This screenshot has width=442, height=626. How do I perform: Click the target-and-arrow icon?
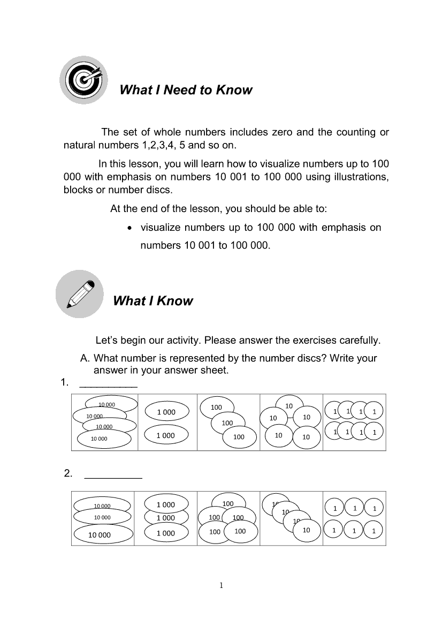point(83,80)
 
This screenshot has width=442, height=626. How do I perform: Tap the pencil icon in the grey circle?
point(80,294)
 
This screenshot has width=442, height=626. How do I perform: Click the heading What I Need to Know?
point(186,90)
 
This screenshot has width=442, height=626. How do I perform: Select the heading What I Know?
point(153,301)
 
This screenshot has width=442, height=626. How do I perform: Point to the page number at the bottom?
point(221,585)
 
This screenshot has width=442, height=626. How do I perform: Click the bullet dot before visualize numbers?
point(130,228)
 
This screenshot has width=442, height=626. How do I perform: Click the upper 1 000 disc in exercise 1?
point(166,412)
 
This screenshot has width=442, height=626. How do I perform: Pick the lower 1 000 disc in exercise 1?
point(166,435)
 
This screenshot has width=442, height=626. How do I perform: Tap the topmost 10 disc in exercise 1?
point(289,405)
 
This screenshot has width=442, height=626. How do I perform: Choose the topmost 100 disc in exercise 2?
point(228,503)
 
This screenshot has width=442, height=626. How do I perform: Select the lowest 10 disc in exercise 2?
point(306,530)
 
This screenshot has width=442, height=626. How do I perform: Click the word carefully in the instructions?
point(359,340)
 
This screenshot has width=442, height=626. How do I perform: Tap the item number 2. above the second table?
point(68,473)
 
